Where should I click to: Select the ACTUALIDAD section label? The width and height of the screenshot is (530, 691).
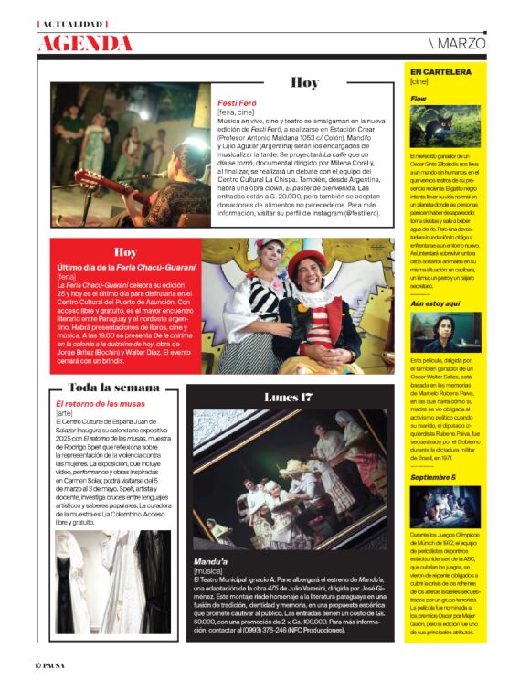click(72, 23)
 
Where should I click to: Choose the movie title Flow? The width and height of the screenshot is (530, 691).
click(419, 97)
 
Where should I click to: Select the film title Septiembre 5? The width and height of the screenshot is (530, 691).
click(432, 477)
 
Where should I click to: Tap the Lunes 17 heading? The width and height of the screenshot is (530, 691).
click(288, 397)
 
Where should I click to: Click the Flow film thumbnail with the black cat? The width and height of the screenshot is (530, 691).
click(445, 125)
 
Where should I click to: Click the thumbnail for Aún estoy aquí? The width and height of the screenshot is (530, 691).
click(445, 332)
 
